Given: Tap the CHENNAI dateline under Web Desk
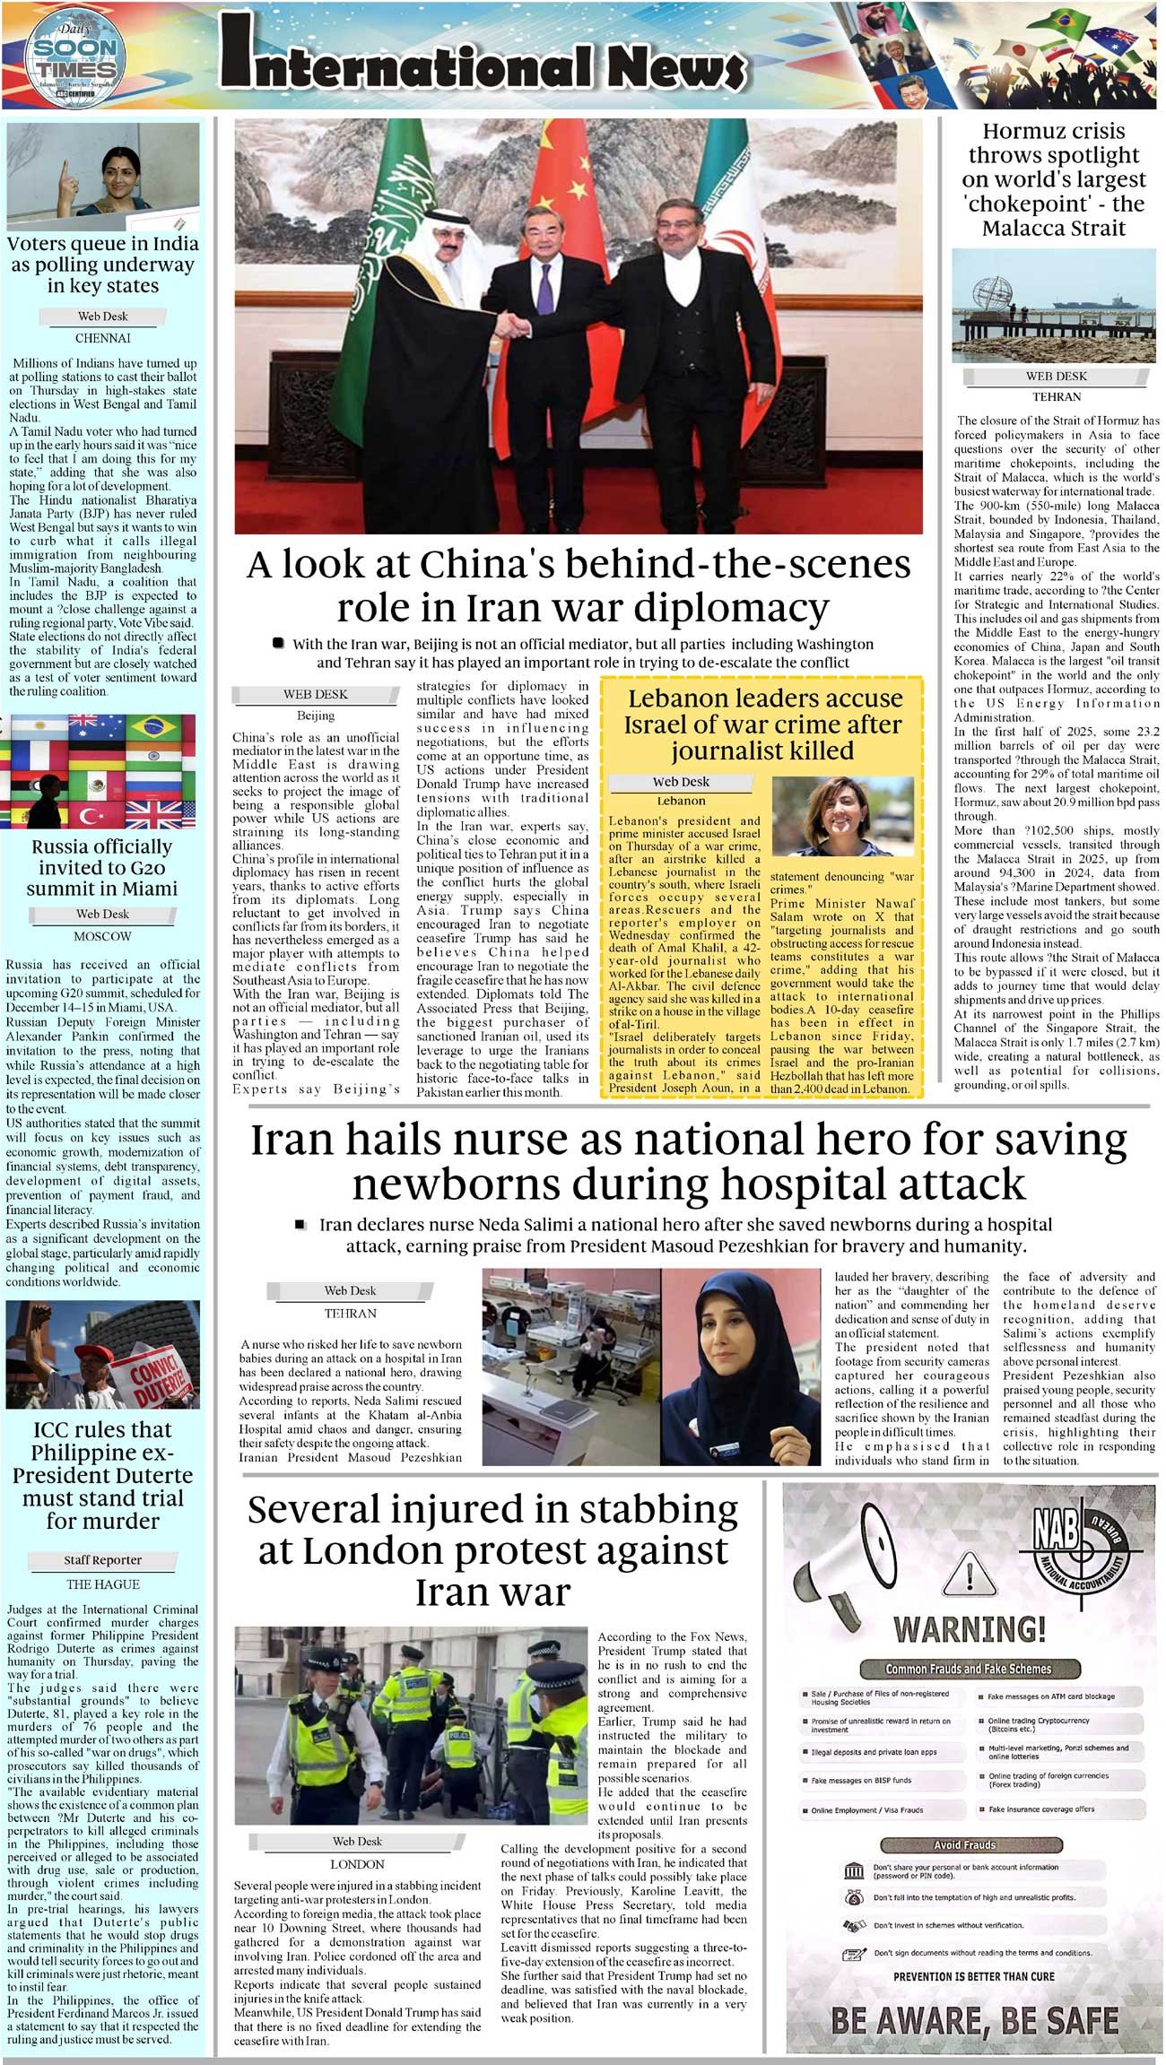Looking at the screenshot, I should pyautogui.click(x=102, y=338).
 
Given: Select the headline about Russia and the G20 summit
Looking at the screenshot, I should pyautogui.click(x=101, y=867).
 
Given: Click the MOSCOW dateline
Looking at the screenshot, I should pyautogui.click(x=102, y=936).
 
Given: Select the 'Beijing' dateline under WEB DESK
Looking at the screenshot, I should pyautogui.click(x=316, y=716).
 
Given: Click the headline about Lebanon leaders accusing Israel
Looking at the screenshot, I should pyautogui.click(x=764, y=724).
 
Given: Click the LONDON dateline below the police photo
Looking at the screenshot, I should pyautogui.click(x=357, y=1863).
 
